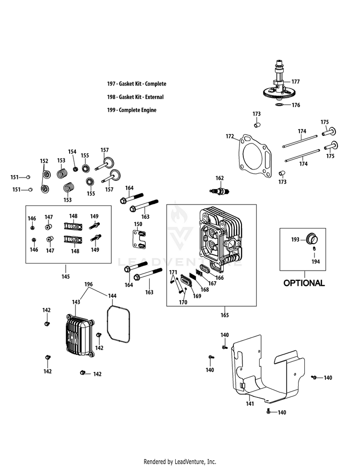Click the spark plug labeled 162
click(220, 191)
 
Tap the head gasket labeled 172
click(255, 155)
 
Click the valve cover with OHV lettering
click(80, 335)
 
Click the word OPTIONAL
click(304, 283)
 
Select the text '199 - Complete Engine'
click(132, 110)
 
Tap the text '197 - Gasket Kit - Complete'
click(137, 84)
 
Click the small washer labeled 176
click(279, 105)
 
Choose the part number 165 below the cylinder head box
click(225, 315)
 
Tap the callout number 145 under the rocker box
click(65, 277)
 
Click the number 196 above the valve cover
click(89, 285)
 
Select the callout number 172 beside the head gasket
click(230, 136)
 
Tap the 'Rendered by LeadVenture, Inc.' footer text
click(180, 462)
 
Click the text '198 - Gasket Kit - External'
click(135, 97)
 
